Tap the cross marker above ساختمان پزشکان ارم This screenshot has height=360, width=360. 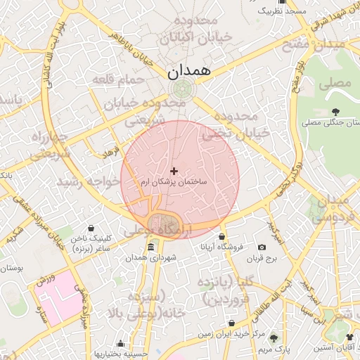click(x=174, y=171)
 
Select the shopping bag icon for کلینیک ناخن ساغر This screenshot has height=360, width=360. click(x=92, y=228)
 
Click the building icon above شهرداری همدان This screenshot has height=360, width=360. click(x=150, y=247)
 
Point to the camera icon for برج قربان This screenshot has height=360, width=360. click(x=262, y=247)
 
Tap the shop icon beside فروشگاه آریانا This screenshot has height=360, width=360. click(x=222, y=236)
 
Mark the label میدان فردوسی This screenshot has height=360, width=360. click(x=329, y=210)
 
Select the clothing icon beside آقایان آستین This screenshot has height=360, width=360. click(x=350, y=338)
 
